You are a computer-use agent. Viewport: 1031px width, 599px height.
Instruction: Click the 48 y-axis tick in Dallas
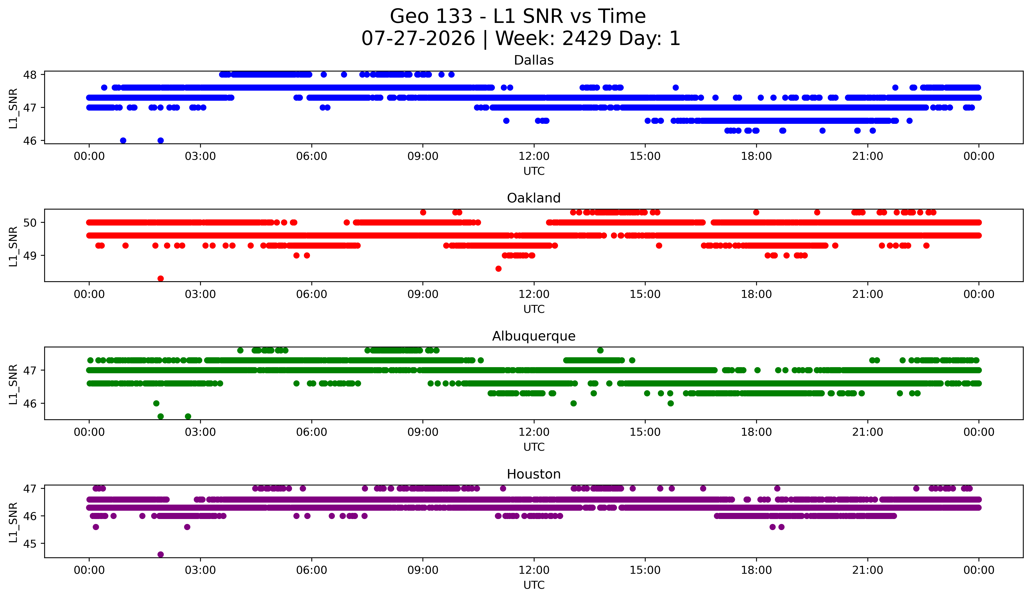(x=30, y=74)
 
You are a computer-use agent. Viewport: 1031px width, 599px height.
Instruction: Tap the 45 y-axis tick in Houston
(x=30, y=544)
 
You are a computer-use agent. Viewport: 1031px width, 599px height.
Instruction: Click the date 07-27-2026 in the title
(x=418, y=39)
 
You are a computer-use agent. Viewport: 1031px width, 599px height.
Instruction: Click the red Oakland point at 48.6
(x=498, y=269)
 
